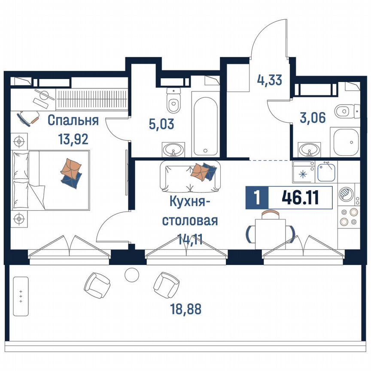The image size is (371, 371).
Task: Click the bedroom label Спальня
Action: [73, 120]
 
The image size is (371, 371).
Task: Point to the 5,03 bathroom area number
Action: [149, 125]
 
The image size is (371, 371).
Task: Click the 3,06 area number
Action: [313, 117]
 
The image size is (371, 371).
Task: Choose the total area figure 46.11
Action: [300, 198]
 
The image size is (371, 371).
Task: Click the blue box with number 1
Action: [257, 198]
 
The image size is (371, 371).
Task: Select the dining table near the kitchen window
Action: [270, 232]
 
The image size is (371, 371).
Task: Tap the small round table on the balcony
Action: [131, 274]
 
